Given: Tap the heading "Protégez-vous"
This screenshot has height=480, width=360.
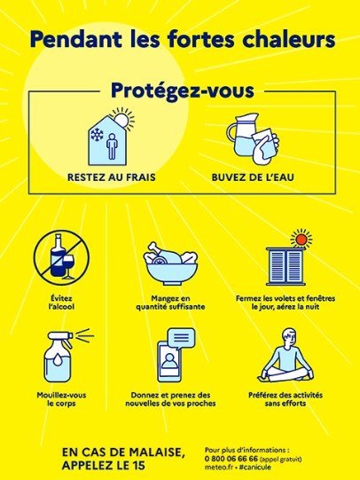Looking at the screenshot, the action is [x=183, y=90].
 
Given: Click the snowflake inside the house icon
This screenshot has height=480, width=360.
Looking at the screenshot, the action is [x=97, y=135].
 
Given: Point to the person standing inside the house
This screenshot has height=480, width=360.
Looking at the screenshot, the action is [x=112, y=146].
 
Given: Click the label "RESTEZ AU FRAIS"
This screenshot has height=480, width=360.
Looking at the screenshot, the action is [x=112, y=177].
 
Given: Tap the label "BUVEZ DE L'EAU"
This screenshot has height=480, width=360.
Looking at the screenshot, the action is [x=253, y=177].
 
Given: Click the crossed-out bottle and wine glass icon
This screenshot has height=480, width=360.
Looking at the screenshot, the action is [x=61, y=258].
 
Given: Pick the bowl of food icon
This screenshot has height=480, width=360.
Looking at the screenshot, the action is [x=170, y=264].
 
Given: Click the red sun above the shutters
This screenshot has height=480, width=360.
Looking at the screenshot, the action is [x=301, y=239].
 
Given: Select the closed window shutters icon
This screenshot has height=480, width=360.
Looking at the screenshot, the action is [x=286, y=265].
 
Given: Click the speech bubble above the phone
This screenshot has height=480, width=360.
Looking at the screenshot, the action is [x=182, y=339].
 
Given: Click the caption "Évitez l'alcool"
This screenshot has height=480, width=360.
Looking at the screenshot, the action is [x=61, y=303].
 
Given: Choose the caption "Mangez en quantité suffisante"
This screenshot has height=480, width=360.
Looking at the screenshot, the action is [x=170, y=303].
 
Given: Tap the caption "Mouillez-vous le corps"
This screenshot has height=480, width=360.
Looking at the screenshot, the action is [x=61, y=399].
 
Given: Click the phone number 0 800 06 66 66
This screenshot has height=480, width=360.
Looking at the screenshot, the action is [x=231, y=459].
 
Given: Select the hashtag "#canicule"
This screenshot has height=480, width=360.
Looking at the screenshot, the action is [x=255, y=468].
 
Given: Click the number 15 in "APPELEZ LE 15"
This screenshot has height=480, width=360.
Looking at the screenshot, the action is [x=138, y=466].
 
